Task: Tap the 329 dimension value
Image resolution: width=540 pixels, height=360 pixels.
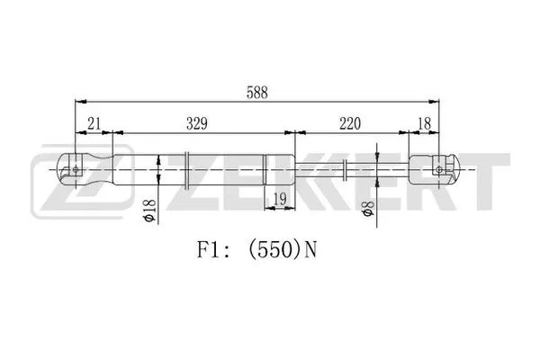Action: pyautogui.click(x=200, y=122)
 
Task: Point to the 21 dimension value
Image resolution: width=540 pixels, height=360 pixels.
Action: pyautogui.click(x=92, y=122)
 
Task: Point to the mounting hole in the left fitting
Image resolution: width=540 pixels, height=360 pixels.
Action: pyautogui.click(x=76, y=168)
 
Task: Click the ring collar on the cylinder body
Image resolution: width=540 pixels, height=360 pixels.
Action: pyautogui.click(x=185, y=168)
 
